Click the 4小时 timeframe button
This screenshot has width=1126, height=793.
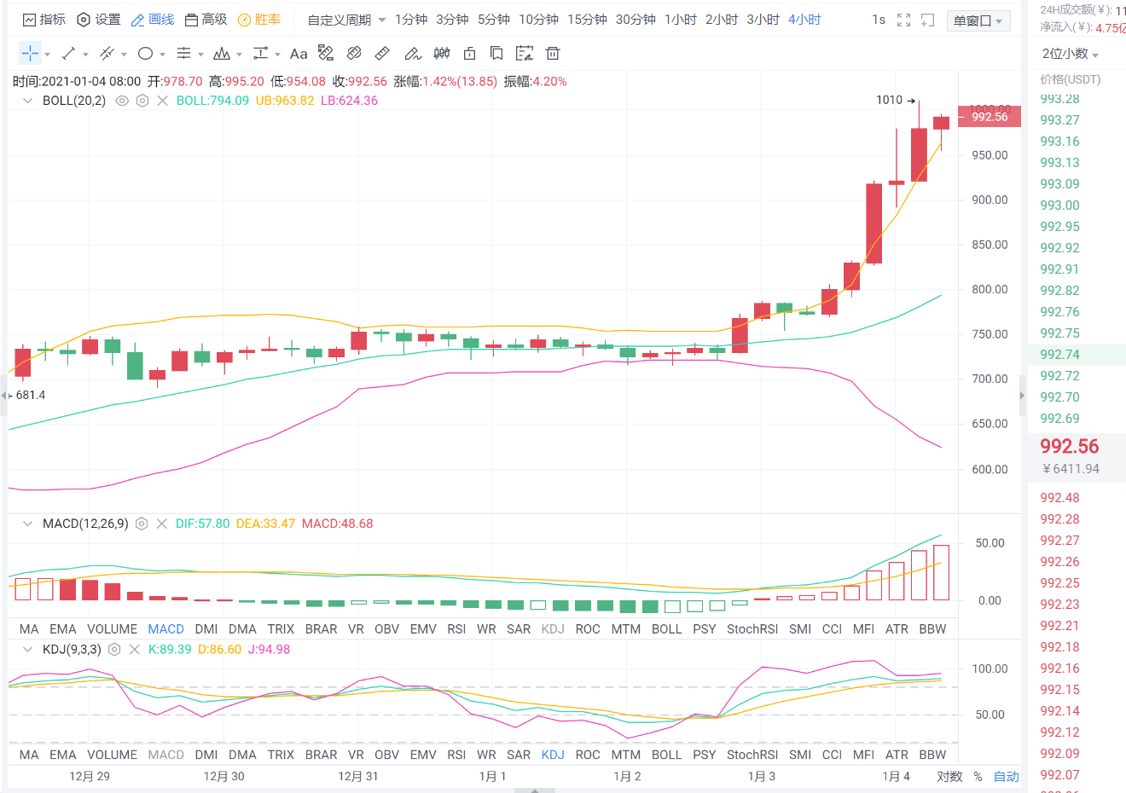pyautogui.click(x=804, y=20)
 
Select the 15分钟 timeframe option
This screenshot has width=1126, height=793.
pyautogui.click(x=587, y=20)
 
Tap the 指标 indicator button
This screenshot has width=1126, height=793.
pyautogui.click(x=44, y=20)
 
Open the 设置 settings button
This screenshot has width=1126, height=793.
pyautogui.click(x=99, y=20)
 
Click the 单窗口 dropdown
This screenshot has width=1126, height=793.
pyautogui.click(x=978, y=20)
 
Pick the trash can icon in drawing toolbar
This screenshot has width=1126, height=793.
pyautogui.click(x=553, y=54)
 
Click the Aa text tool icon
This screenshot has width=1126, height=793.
pyautogui.click(x=298, y=54)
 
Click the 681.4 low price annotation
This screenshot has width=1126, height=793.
pyautogui.click(x=30, y=395)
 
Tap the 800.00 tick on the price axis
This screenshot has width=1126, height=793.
pyautogui.click(x=990, y=289)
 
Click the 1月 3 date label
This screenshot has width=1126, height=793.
pyautogui.click(x=761, y=776)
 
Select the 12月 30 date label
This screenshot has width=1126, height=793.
pyautogui.click(x=223, y=776)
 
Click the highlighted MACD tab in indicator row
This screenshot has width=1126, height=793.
pyautogui.click(x=165, y=628)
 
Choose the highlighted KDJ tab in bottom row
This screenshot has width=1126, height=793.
pyautogui.click(x=553, y=755)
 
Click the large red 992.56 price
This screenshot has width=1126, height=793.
pyautogui.click(x=1069, y=446)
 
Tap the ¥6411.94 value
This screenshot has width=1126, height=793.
pyautogui.click(x=1071, y=469)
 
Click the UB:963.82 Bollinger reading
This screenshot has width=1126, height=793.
pyautogui.click(x=285, y=101)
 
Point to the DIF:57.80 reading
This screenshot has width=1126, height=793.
pyautogui.click(x=202, y=524)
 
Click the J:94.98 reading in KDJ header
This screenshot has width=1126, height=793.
pyautogui.click(x=269, y=650)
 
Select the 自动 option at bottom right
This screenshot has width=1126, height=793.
pyautogui.click(x=1006, y=776)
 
